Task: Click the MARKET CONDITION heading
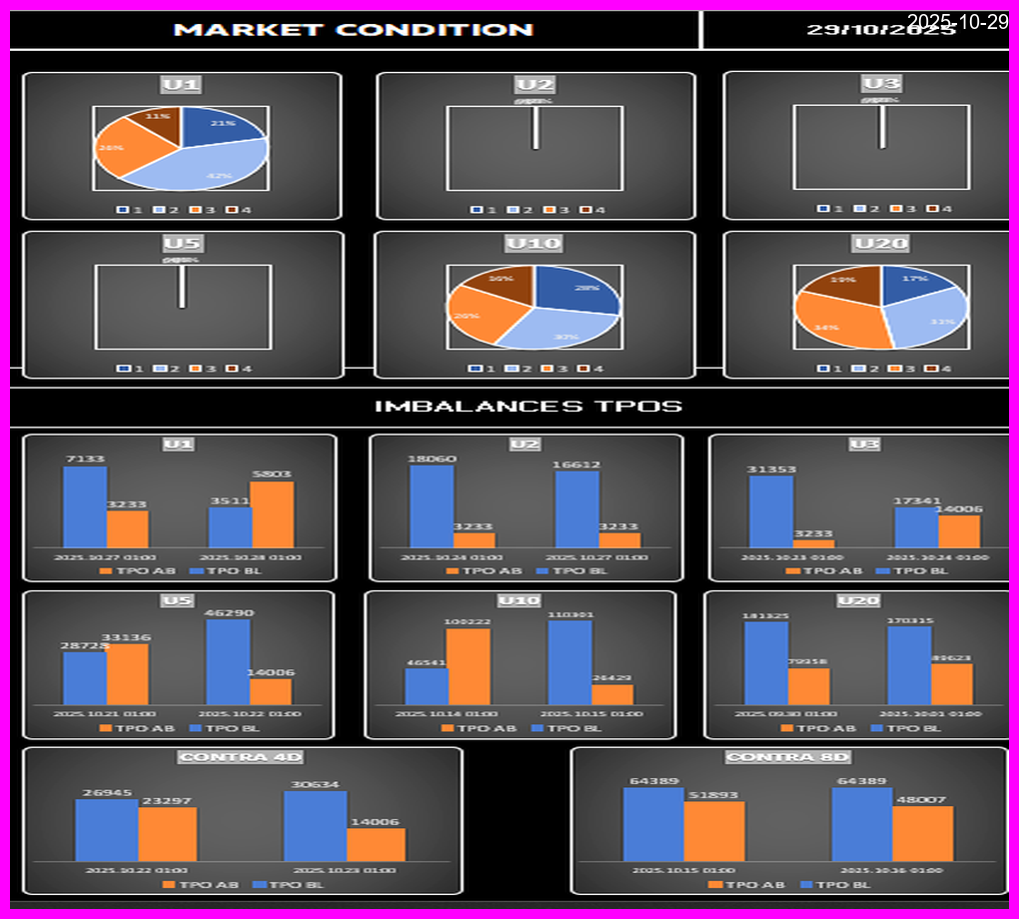tap(354, 29)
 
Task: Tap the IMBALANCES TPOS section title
tap(527, 407)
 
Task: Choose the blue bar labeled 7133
tap(85, 506)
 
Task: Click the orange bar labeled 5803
tap(273, 514)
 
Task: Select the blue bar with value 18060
tap(432, 506)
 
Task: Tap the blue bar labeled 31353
tap(771, 511)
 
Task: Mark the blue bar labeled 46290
tap(228, 662)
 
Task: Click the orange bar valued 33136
tap(127, 674)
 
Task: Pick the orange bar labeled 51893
tap(714, 831)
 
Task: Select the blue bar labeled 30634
tap(315, 826)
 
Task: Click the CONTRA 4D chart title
tap(241, 757)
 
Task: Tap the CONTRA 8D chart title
tap(789, 757)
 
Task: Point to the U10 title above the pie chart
tap(533, 244)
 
